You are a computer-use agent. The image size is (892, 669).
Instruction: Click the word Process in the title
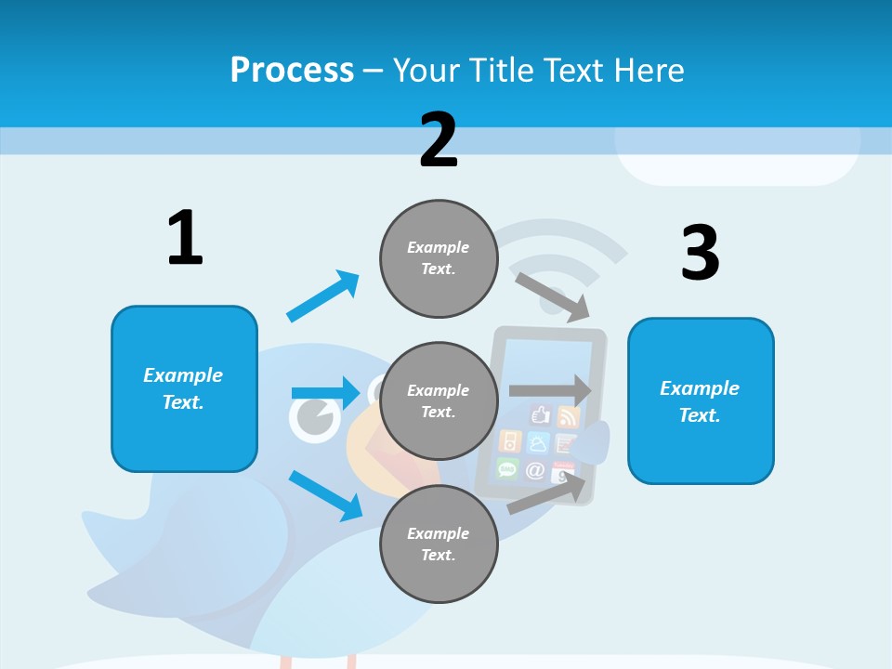click(x=292, y=70)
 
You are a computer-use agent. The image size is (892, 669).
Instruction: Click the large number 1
click(x=185, y=238)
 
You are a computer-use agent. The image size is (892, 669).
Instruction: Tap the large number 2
click(x=439, y=139)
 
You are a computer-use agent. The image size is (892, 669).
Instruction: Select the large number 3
click(x=700, y=253)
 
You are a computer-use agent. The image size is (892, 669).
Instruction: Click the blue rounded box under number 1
click(x=184, y=388)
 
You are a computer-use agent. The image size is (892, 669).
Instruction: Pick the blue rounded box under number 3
click(x=700, y=401)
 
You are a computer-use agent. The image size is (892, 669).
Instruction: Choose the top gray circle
click(x=439, y=258)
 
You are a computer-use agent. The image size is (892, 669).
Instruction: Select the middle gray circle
click(x=439, y=401)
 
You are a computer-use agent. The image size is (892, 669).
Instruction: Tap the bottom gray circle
click(x=439, y=544)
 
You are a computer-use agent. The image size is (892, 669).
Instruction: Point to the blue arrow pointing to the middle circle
click(x=325, y=393)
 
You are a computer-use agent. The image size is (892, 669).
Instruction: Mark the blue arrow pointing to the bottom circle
click(x=325, y=494)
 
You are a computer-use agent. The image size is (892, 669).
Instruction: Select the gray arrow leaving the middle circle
click(x=550, y=391)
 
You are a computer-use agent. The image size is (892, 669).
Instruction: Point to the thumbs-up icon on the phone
click(x=542, y=415)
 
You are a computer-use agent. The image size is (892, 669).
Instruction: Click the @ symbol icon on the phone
click(x=535, y=470)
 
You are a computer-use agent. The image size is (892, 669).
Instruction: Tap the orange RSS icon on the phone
click(x=568, y=417)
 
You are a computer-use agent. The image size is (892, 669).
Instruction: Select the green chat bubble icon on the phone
click(x=507, y=468)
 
